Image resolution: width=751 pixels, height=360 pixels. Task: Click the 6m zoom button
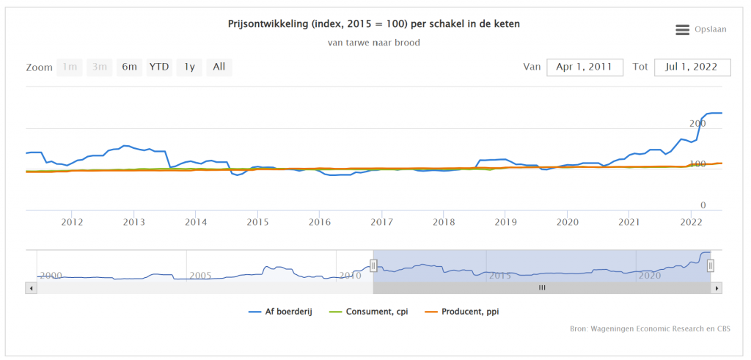(x=130, y=67)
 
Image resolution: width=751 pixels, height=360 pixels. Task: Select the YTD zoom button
(x=159, y=67)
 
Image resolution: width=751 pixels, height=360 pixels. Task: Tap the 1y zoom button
(x=189, y=67)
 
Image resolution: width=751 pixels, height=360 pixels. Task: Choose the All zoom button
(x=219, y=67)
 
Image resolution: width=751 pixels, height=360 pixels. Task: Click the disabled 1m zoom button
(x=70, y=67)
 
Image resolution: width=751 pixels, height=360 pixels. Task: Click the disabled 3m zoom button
(x=99, y=67)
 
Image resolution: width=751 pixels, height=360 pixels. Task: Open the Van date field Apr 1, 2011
(x=585, y=67)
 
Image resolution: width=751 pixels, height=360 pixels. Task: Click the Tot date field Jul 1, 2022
(x=692, y=67)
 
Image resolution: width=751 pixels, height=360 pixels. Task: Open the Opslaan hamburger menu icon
(x=682, y=29)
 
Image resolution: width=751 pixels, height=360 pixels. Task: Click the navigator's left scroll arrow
(x=30, y=288)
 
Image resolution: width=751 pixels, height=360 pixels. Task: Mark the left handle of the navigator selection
(x=373, y=265)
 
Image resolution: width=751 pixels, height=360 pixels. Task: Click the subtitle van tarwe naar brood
(x=374, y=43)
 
